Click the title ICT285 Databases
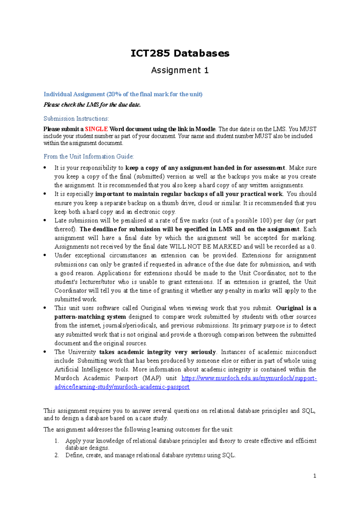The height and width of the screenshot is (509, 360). (180, 53)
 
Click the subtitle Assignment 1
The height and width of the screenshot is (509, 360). (180, 70)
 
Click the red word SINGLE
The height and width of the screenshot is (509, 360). (96, 129)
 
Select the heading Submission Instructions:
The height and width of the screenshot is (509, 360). (76, 119)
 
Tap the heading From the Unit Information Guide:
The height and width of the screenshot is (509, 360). (88, 156)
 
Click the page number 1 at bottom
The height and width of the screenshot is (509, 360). (314, 476)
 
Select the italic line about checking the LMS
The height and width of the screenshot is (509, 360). (92, 105)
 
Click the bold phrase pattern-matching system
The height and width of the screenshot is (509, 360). (90, 317)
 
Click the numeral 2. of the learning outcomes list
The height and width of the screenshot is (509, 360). (57, 455)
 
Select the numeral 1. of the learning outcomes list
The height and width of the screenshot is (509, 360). (57, 441)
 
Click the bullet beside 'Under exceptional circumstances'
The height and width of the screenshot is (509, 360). (45, 255)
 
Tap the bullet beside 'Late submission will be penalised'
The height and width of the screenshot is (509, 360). (45, 220)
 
